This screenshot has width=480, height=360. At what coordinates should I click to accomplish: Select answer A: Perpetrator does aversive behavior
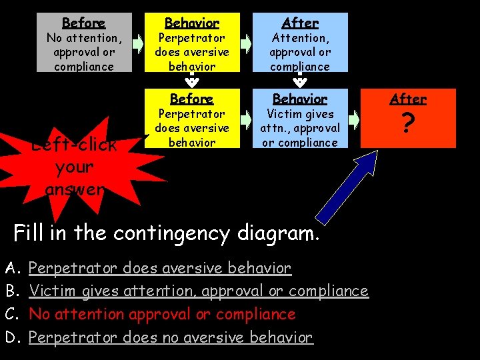tap(160, 269)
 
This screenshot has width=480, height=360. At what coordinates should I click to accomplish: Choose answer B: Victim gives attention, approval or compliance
tap(199, 291)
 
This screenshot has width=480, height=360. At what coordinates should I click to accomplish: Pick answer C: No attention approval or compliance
tap(162, 314)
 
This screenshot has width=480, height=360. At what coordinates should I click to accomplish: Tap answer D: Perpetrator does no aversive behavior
tap(171, 337)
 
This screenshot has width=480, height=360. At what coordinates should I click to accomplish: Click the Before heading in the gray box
tap(83, 23)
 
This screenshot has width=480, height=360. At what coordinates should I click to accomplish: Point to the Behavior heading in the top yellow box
tap(191, 23)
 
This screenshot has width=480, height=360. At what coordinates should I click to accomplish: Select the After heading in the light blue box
tap(299, 23)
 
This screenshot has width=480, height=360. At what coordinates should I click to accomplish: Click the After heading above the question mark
tap(407, 99)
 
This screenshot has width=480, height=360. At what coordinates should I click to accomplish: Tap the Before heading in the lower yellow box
tap(191, 99)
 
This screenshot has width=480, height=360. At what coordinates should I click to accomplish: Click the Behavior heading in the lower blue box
tap(299, 99)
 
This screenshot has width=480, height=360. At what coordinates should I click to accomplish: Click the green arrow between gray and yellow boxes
tap(138, 44)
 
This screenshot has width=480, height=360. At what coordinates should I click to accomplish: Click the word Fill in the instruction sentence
tap(30, 233)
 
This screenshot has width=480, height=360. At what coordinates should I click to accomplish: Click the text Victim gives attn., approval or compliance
tap(299, 128)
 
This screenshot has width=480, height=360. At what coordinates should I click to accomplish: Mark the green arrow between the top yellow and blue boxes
tap(246, 44)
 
